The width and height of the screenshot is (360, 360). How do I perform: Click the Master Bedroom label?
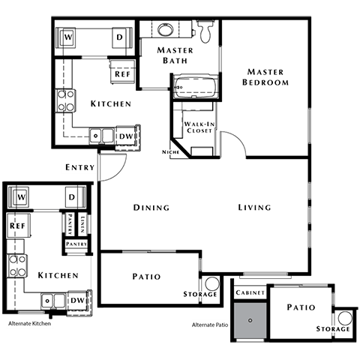265,76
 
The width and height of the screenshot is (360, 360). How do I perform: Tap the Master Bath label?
175,56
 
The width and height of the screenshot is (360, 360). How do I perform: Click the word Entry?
79,167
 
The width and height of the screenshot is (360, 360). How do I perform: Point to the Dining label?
151,208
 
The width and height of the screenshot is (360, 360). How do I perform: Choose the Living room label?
254,208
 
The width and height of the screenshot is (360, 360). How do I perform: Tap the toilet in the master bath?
204,30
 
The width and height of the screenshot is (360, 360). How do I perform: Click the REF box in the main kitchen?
121,73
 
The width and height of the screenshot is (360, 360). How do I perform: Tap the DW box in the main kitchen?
125,136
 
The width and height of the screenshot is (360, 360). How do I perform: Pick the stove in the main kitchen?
66,100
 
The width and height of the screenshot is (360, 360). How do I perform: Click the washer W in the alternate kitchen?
21,197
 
